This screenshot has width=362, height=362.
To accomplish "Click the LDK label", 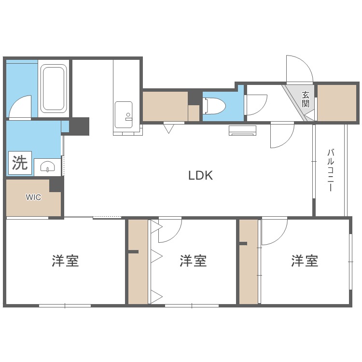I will [x=200, y=175].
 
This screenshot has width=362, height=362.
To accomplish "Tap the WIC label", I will [x=33, y=197].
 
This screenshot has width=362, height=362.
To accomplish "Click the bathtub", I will [x=53, y=89].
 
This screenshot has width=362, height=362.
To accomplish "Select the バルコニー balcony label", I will [x=331, y=170].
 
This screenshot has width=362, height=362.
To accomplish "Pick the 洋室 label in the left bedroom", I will [x=66, y=261].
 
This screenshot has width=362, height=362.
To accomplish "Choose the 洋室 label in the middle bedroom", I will [x=194, y=261].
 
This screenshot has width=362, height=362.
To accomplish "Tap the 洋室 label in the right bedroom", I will [x=305, y=261].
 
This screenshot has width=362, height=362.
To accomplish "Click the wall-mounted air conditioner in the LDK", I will [x=242, y=131].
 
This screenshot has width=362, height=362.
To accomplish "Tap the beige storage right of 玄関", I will [x=337, y=102].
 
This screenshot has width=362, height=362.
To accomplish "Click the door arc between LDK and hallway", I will [x=282, y=136].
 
